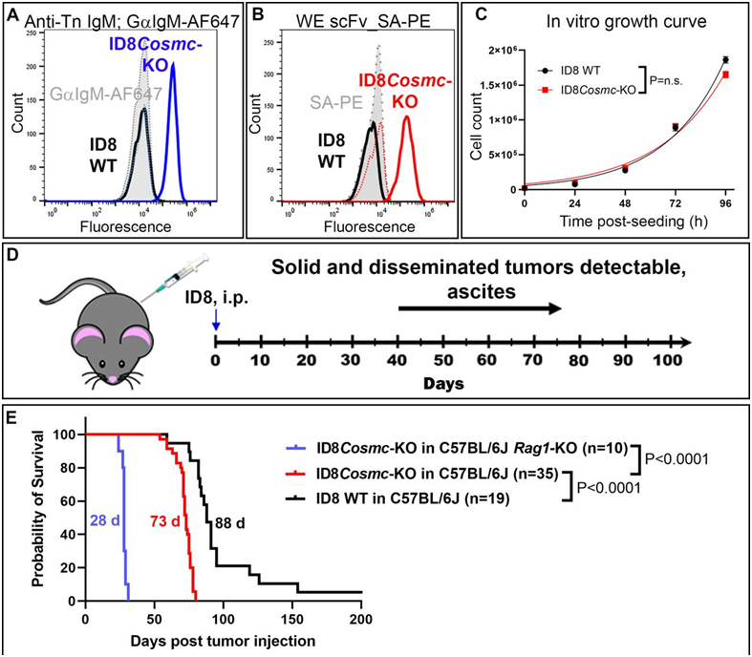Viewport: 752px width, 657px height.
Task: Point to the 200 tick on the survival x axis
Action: (x=361, y=615)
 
